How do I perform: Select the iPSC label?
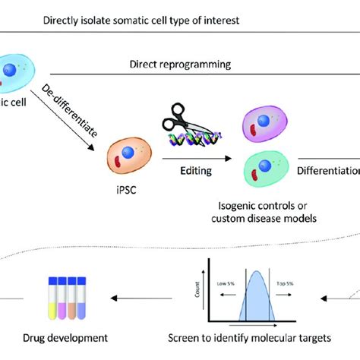coord(122,184)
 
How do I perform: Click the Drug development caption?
coord(74,335)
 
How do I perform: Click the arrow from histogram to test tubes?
coord(144,298)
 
